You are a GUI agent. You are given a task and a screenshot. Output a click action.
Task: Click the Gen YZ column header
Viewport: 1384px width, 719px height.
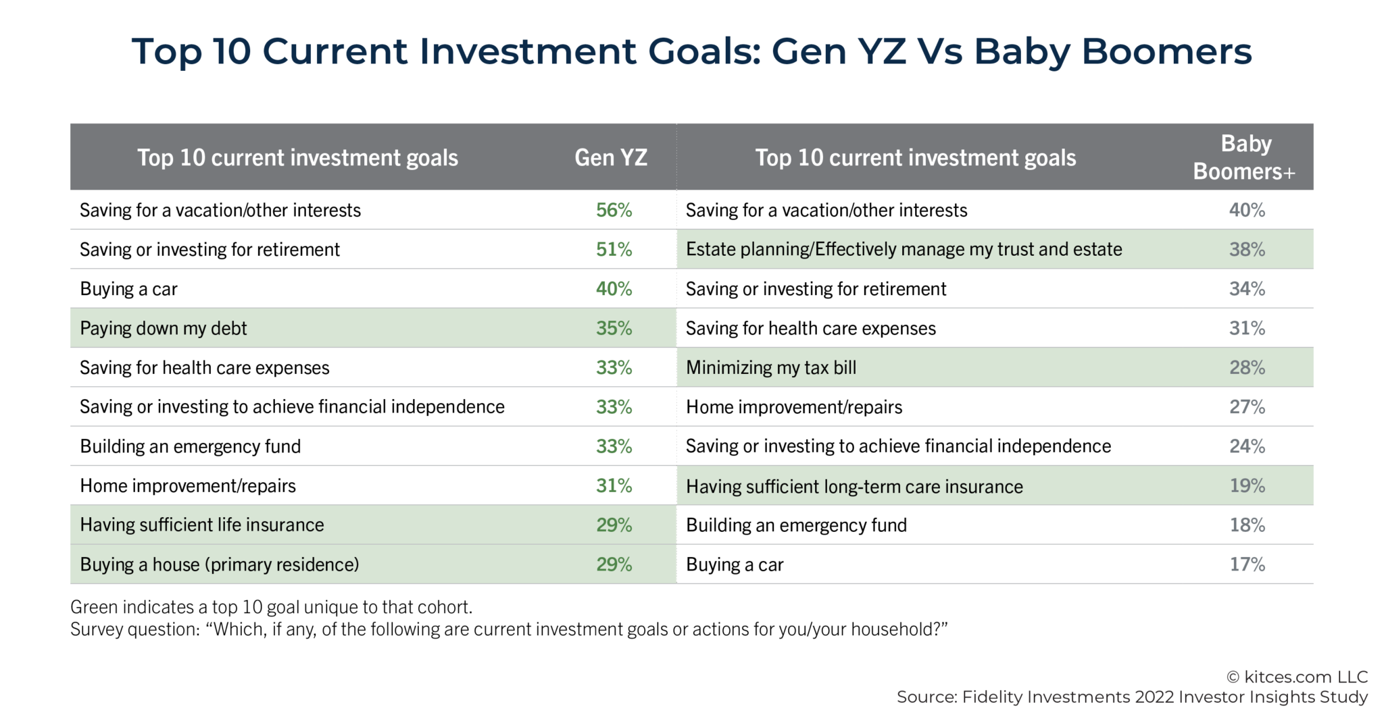tap(611, 157)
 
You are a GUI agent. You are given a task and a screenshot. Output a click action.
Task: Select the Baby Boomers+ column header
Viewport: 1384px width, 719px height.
tap(1245, 157)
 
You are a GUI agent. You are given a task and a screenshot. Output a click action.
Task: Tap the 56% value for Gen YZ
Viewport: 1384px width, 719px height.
tap(614, 210)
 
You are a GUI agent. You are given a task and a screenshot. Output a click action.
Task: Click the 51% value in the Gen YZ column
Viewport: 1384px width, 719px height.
tap(614, 249)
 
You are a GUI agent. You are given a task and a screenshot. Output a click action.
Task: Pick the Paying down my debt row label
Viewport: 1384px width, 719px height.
tap(164, 328)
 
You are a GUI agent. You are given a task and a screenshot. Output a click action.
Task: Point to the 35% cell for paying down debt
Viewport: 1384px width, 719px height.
tap(614, 328)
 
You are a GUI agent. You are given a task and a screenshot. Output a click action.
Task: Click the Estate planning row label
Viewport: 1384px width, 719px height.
tap(904, 249)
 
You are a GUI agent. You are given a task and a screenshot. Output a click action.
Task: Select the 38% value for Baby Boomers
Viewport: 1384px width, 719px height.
tap(1247, 249)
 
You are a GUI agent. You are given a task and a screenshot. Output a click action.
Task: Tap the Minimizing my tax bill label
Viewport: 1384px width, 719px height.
tap(771, 367)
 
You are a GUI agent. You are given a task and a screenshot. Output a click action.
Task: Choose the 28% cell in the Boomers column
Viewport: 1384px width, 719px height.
tap(1247, 367)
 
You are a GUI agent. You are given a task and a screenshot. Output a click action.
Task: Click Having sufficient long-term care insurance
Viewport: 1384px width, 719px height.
tap(854, 486)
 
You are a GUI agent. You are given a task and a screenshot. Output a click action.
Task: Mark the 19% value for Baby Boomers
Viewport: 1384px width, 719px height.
tap(1247, 485)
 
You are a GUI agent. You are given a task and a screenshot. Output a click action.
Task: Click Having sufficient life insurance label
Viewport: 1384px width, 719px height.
tap(202, 525)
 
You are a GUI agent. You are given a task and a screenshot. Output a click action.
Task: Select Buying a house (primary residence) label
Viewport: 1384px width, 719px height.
tap(220, 564)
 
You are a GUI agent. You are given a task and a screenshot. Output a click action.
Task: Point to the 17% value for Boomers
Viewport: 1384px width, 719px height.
tap(1247, 564)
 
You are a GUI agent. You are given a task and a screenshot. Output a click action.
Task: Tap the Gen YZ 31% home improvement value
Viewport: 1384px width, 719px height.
tap(614, 485)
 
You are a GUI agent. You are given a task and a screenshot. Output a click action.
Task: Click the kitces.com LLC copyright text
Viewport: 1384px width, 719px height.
tap(1297, 676)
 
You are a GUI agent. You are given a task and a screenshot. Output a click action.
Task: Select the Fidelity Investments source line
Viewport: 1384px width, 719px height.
tap(1132, 697)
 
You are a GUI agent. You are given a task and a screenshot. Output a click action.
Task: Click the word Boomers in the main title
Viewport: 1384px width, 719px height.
tap(1166, 51)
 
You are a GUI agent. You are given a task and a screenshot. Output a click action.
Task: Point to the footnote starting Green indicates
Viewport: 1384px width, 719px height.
tap(271, 607)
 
